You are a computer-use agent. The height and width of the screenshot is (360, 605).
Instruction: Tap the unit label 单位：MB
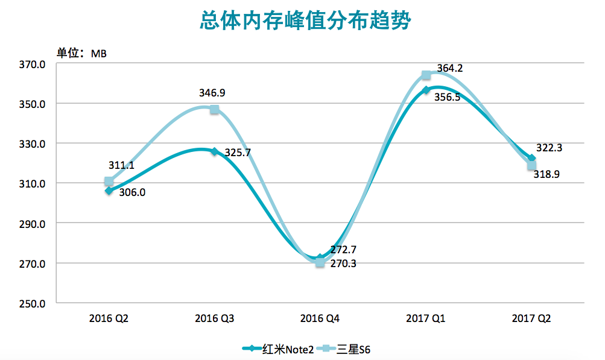pos(81,53)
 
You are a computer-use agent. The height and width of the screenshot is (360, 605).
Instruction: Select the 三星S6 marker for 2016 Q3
pos(215,109)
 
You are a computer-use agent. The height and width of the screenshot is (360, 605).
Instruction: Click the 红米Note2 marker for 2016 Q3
pos(214,151)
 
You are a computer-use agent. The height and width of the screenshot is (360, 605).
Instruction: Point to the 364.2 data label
pos(449,69)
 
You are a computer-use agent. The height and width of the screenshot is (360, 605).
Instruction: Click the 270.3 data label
pos(343,264)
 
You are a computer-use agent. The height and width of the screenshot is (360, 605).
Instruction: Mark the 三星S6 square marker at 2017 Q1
pos(426,75)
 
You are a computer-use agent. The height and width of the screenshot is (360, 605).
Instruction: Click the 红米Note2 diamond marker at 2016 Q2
pos(109,191)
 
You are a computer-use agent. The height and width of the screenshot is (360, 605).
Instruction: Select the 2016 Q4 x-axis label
pos(320,318)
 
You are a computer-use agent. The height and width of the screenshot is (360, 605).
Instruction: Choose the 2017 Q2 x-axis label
pos(531,318)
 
